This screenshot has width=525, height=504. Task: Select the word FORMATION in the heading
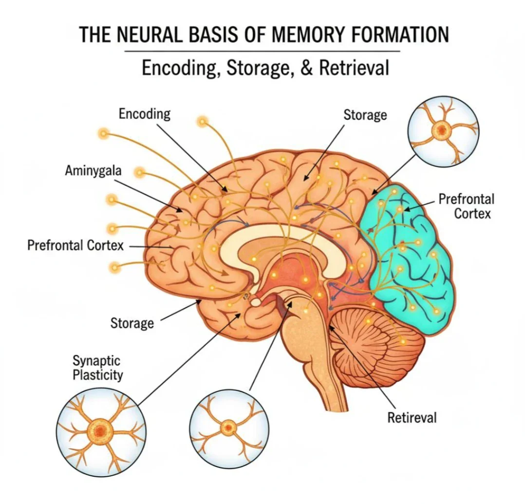click(x=398, y=35)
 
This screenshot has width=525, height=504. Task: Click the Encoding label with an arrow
click(x=145, y=114)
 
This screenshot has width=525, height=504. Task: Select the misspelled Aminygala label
click(x=93, y=171)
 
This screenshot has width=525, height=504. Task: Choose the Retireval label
click(x=412, y=418)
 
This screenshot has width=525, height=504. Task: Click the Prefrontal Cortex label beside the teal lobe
click(x=467, y=206)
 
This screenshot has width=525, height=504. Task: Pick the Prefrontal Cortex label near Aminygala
click(x=75, y=245)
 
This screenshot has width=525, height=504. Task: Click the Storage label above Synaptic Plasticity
click(x=132, y=323)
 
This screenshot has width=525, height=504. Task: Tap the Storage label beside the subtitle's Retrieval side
click(x=365, y=115)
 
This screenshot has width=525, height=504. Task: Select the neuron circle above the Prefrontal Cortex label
click(x=443, y=131)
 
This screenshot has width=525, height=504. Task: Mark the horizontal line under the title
click(x=262, y=51)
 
